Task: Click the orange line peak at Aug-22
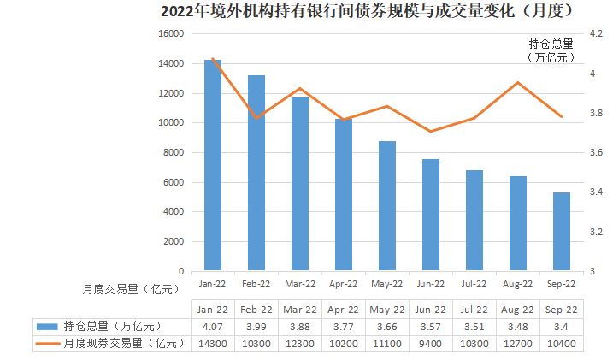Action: point(517,83)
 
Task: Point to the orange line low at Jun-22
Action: point(430,132)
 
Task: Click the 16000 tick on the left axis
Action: point(171,34)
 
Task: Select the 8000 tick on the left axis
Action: point(174,153)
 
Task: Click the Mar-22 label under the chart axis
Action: point(299,284)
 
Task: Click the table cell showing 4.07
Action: point(212,327)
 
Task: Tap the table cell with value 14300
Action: point(212,343)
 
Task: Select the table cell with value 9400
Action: point(430,343)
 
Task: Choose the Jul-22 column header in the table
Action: point(474,310)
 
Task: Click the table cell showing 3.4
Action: point(561,327)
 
